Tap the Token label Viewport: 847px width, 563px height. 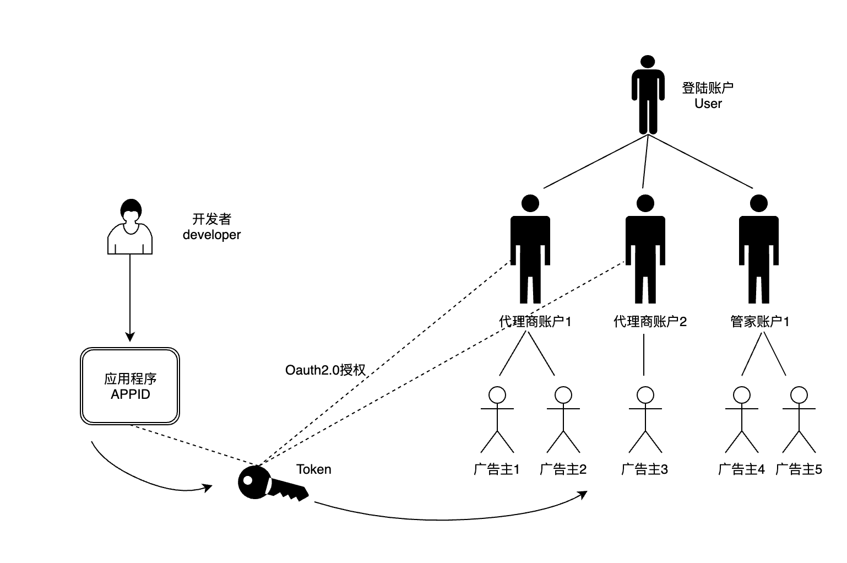pos(314,469)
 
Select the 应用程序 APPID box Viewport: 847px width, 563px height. pos(130,386)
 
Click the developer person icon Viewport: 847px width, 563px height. pos(130,227)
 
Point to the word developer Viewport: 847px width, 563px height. pos(211,235)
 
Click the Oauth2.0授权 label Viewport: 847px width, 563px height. pos(325,370)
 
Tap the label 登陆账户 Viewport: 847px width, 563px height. pos(708,88)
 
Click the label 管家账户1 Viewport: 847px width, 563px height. pos(759,322)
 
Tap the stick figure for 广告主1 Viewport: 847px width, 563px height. pos(497,419)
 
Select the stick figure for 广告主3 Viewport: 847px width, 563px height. pos(645,419)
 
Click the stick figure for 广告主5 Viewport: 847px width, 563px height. pos(799,419)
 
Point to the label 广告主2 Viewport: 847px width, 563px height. pos(563,469)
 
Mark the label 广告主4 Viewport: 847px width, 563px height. pos(741,469)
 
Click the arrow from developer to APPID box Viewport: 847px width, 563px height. pos(130,297)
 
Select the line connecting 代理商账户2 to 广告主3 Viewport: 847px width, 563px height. pos(644,354)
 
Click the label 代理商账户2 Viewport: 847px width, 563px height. pos(650,322)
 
